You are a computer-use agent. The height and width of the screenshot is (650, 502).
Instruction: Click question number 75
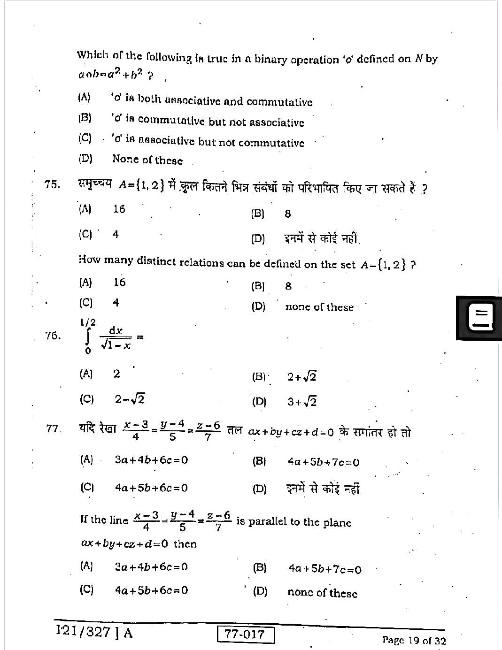[52, 184]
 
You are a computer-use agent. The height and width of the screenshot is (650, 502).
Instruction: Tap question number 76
[53, 335]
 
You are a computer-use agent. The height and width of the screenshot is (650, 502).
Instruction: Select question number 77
[54, 428]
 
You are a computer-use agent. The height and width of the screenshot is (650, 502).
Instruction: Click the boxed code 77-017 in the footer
[246, 635]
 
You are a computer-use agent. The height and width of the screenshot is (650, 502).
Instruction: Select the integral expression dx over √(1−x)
[116, 338]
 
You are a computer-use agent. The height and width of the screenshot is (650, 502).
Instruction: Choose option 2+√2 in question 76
[302, 377]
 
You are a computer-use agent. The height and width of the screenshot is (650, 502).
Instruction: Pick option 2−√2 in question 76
[129, 399]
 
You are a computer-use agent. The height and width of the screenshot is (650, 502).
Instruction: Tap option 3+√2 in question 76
[302, 402]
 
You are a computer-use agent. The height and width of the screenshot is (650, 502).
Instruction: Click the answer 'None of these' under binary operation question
[147, 160]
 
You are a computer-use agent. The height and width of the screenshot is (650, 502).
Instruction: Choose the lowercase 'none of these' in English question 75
[319, 307]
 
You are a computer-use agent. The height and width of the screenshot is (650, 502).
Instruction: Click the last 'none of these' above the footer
[322, 593]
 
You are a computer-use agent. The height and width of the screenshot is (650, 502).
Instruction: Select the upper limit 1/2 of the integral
[88, 322]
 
